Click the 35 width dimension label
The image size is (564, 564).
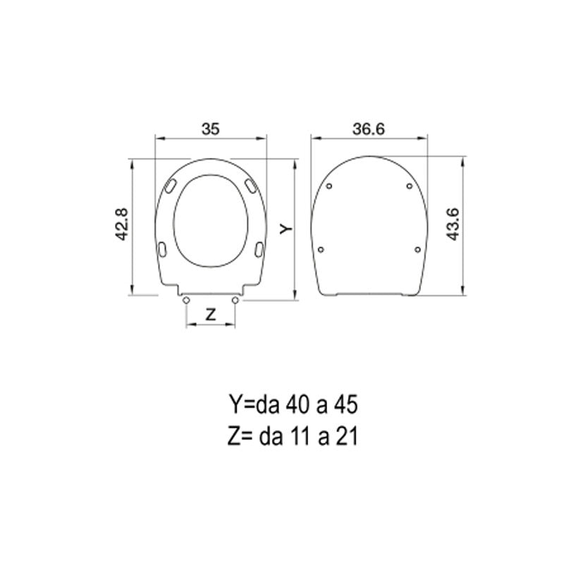coord(211,128)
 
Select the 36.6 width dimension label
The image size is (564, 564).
coord(370,128)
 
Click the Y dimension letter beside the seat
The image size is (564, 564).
coord(284,228)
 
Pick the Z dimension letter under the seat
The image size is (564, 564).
coord(210,315)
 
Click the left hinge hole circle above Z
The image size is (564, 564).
coord(185,300)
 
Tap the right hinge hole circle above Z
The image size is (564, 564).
coord(235,300)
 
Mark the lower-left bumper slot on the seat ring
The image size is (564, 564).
coord(164,249)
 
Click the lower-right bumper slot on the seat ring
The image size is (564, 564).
coord(259,249)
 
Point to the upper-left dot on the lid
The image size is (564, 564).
coord(331,187)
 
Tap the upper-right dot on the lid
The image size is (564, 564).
coord(410,187)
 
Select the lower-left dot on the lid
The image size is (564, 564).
coord(322,249)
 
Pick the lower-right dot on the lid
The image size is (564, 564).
coord(418,249)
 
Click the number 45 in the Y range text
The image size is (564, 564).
coord(348,406)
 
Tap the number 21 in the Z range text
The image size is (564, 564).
coord(347,437)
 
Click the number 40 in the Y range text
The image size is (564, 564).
coord(296,406)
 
